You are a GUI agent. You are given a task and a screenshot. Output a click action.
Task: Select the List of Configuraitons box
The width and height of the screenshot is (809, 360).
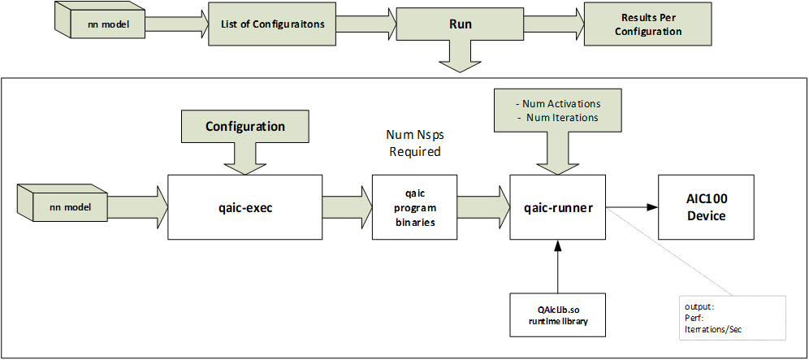(272, 24)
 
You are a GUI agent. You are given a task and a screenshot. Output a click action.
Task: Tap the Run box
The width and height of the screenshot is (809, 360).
(460, 24)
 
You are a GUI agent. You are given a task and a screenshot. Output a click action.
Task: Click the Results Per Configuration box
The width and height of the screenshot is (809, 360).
(651, 24)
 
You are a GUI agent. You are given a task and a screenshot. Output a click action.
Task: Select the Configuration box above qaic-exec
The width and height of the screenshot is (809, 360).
(244, 127)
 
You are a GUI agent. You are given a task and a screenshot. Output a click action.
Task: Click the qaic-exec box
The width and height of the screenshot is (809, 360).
(244, 207)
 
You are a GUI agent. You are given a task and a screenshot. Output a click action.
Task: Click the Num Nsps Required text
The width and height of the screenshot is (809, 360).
(414, 145)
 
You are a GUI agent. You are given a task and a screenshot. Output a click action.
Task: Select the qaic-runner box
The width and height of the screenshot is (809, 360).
(557, 207)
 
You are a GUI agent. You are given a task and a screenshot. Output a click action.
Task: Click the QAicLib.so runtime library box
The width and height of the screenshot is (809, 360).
(557, 312)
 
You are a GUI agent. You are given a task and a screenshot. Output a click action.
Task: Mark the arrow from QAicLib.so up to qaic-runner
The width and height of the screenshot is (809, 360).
(557, 268)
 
